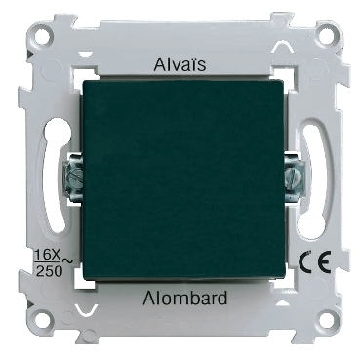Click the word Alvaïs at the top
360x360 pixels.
point(180,64)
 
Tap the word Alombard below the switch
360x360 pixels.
point(184,298)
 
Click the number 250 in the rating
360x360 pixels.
point(49,271)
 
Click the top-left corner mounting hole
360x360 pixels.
point(43,33)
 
